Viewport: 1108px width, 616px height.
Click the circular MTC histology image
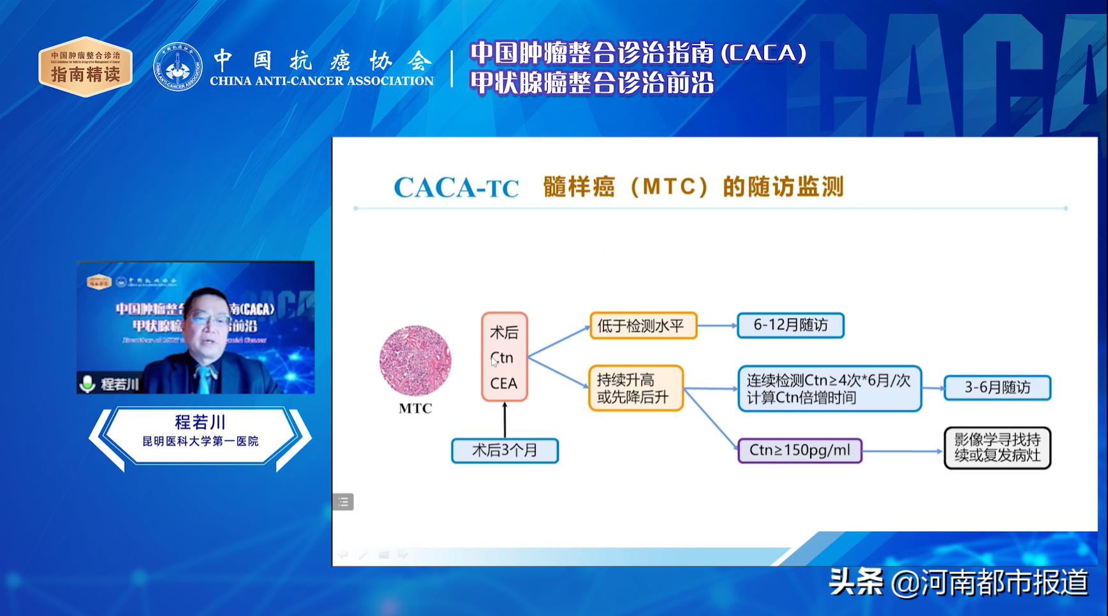point(415,361)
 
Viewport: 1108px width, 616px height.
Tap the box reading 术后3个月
point(505,450)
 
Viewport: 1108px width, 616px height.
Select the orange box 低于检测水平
point(643,325)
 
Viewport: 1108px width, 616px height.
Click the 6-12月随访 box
point(790,325)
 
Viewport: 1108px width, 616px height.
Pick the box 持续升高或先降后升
point(635,388)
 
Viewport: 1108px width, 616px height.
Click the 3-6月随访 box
point(997,388)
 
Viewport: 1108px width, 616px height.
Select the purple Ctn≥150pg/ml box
point(799,450)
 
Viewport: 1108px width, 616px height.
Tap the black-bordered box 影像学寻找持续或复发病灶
point(997,448)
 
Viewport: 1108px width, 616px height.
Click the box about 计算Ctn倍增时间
point(829,388)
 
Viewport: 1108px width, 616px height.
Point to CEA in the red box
point(503,383)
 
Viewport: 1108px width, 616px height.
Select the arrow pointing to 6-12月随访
point(717,325)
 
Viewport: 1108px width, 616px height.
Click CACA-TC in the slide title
point(456,187)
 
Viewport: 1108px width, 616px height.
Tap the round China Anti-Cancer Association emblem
point(178,67)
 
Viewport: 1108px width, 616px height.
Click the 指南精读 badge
point(85,67)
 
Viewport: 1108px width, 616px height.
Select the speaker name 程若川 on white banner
point(200,422)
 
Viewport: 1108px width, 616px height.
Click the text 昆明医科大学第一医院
point(200,441)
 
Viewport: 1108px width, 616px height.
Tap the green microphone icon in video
point(87,383)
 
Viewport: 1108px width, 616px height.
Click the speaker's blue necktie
point(204,379)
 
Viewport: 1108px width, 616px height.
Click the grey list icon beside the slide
point(343,502)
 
